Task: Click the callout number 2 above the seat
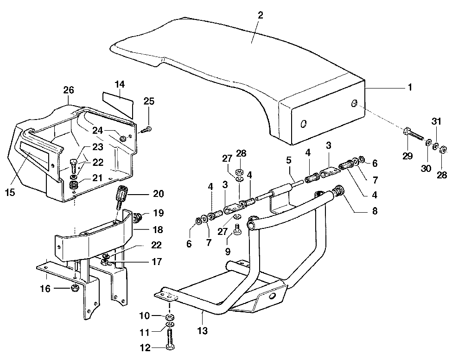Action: point(260,15)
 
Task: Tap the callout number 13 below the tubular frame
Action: point(203,331)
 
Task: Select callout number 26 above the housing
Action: point(69,90)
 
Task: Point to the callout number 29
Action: point(407,156)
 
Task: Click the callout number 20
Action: point(158,194)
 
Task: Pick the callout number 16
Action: point(45,289)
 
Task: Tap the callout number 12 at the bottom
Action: point(146,347)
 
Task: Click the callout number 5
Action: point(289,160)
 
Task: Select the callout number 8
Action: point(375,211)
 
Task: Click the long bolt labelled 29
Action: point(414,134)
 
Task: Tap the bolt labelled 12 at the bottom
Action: point(170,338)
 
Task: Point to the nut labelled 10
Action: point(171,317)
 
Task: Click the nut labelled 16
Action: point(74,289)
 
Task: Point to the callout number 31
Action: point(436,121)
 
